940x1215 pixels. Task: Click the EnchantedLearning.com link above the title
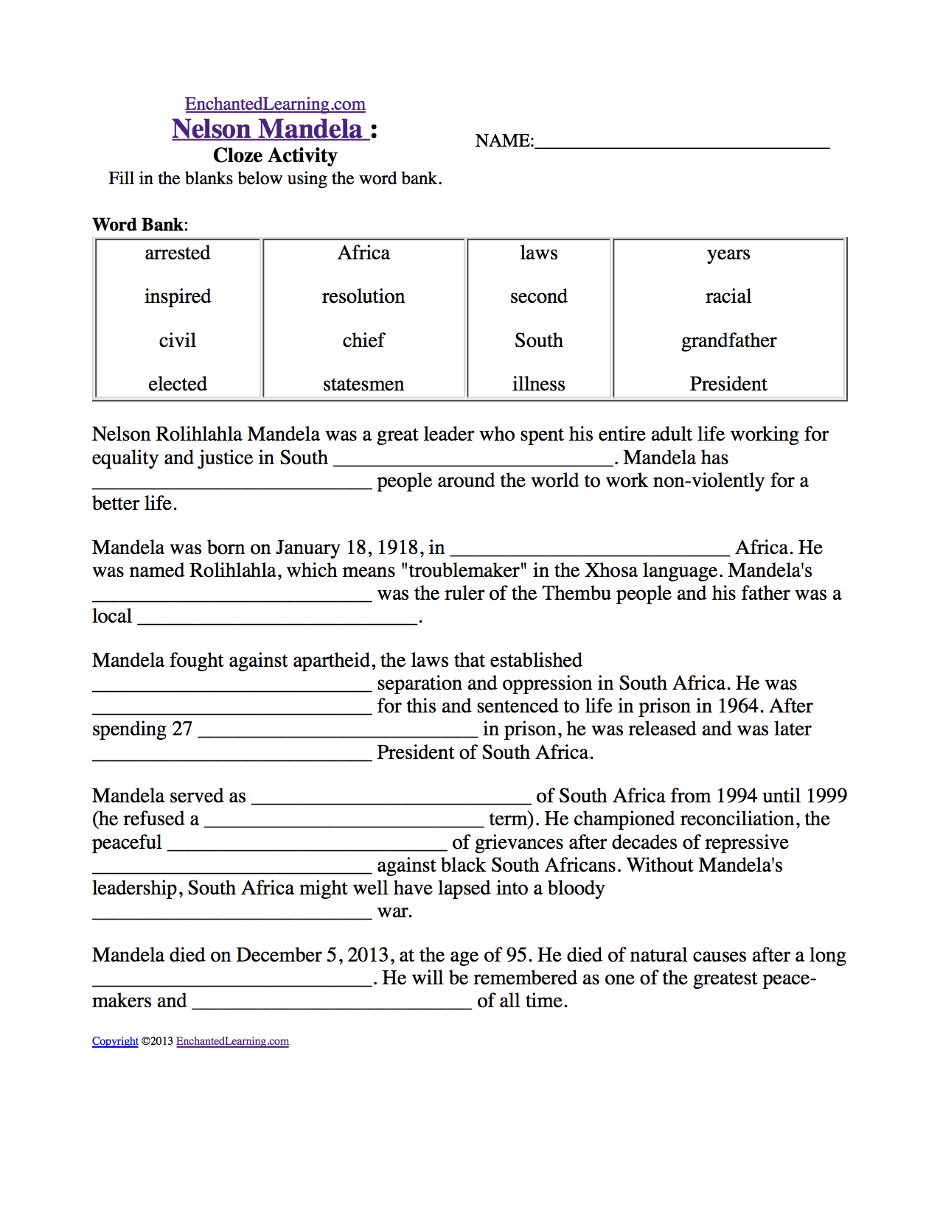pyautogui.click(x=275, y=104)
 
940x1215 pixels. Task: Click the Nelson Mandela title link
pyautogui.click(x=268, y=129)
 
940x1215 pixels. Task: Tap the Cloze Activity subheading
pyautogui.click(x=275, y=155)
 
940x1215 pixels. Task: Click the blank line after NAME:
pyautogui.click(x=682, y=143)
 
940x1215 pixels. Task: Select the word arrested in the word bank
pyautogui.click(x=178, y=253)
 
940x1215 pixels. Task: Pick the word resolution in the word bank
pyautogui.click(x=363, y=296)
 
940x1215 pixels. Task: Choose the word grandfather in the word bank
pyautogui.click(x=728, y=340)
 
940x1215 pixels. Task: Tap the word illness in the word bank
pyautogui.click(x=539, y=384)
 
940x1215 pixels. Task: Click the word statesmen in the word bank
pyautogui.click(x=363, y=384)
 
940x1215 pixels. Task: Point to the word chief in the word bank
pyautogui.click(x=363, y=340)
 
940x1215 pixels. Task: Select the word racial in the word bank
pyautogui.click(x=728, y=296)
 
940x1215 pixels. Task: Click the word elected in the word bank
pyautogui.click(x=178, y=384)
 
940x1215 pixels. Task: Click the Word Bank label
pyautogui.click(x=139, y=225)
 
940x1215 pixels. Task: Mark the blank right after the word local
pyautogui.click(x=278, y=619)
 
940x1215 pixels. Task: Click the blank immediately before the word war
pyautogui.click(x=232, y=914)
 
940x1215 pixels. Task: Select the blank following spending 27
pyautogui.click(x=338, y=732)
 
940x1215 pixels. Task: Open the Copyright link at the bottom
pyautogui.click(x=115, y=1041)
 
